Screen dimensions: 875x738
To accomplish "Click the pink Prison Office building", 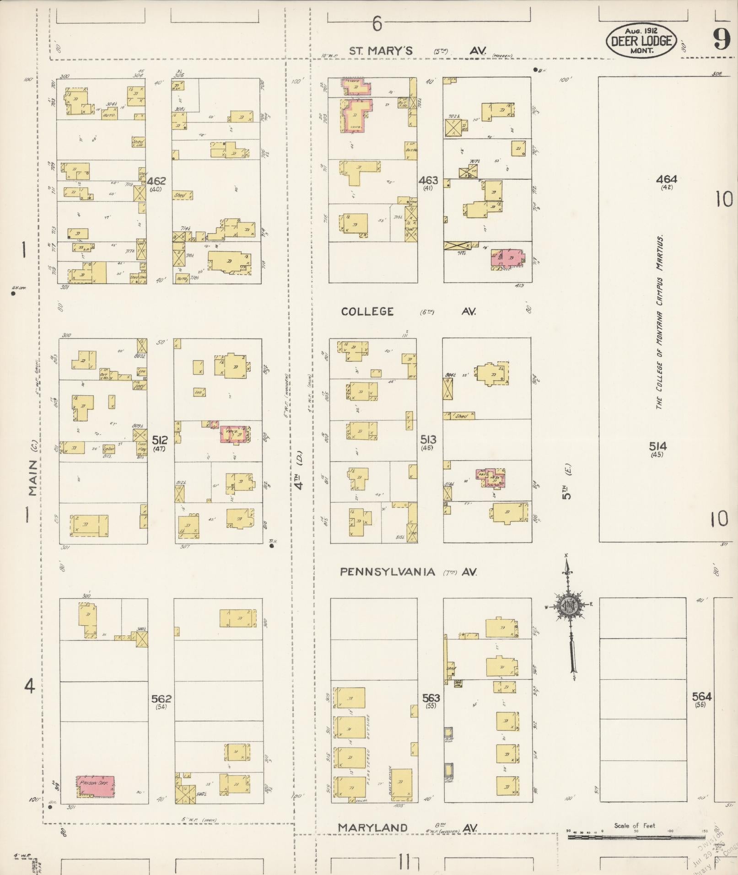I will coord(96,786).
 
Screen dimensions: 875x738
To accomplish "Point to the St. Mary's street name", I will coord(381,51).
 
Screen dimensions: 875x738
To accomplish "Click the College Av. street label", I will coord(367,311).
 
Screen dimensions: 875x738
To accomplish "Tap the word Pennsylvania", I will coord(387,572).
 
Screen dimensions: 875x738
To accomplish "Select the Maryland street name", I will coord(373,827).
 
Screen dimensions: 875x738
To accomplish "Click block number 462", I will coord(156,181).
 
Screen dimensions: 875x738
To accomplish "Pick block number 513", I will coord(428,440).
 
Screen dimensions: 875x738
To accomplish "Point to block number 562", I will coord(161,698).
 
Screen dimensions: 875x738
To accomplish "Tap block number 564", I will coord(701,697).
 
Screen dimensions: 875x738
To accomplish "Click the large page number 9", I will coord(722,40).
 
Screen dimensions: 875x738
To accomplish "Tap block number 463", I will coord(428,180).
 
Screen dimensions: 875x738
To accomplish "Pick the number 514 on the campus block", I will coord(657,446).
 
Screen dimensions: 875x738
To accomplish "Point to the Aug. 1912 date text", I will coord(641,31).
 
